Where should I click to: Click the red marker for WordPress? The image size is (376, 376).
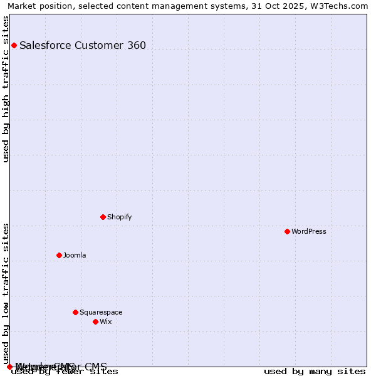287,231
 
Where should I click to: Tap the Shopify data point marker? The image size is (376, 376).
103,217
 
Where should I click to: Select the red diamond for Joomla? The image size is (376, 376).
59,255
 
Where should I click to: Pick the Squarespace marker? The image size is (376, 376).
75,312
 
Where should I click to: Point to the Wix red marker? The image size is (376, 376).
95,321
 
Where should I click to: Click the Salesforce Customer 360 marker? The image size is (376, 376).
14,45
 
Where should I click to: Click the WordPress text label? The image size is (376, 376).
308,231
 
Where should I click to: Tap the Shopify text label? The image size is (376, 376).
119,217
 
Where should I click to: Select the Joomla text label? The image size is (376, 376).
75,255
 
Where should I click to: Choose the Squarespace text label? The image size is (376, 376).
101,312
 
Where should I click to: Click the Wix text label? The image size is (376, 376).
105,321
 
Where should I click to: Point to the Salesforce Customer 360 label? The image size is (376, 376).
83,45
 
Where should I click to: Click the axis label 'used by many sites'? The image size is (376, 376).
315,372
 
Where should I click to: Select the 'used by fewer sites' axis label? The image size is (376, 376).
65,372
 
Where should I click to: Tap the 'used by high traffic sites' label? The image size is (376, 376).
6,89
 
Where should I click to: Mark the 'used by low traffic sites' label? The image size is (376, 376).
6,293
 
